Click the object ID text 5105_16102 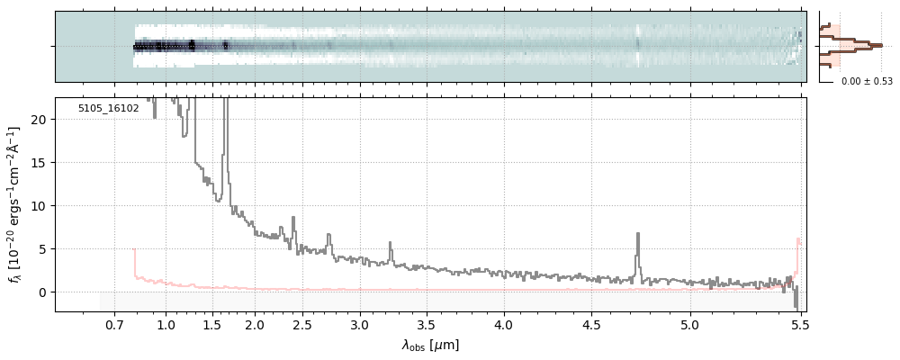click(108, 108)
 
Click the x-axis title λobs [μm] click(430, 344)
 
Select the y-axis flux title click(15, 205)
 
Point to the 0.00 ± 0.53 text click(867, 82)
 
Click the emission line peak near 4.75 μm click(638, 235)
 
